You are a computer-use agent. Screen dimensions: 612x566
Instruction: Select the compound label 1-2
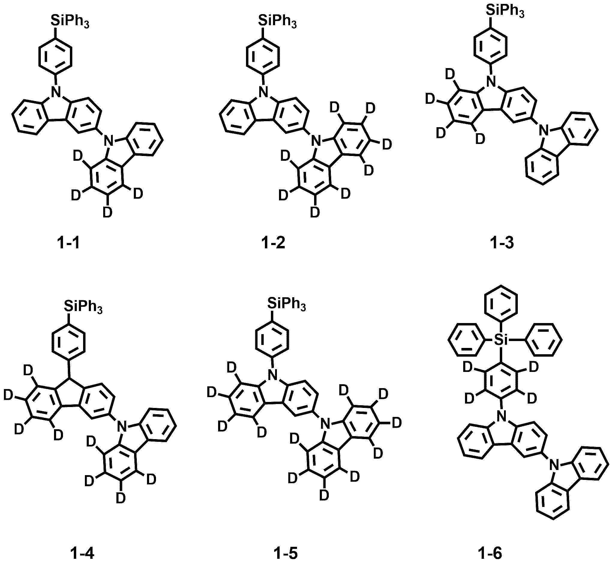point(273,243)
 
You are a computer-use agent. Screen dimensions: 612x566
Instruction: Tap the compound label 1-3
point(502,243)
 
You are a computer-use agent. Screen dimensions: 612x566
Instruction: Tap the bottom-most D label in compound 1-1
point(107,212)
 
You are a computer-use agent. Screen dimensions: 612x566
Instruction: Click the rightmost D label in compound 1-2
point(387,145)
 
